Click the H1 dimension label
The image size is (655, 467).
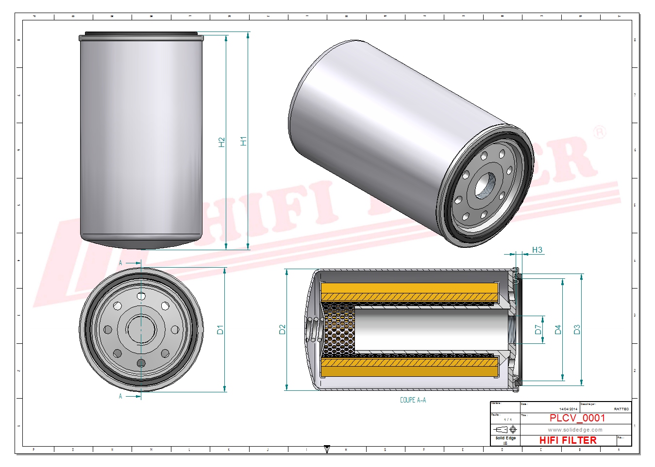tap(244, 141)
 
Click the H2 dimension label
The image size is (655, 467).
tap(222, 142)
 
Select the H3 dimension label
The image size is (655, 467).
tap(537, 250)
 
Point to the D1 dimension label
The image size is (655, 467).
tap(220, 330)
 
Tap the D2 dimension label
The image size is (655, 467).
tap(283, 330)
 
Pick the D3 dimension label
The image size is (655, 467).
tap(577, 330)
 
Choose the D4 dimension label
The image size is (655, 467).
tap(558, 330)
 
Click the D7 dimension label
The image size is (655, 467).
tap(538, 330)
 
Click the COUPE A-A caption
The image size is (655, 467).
tap(413, 400)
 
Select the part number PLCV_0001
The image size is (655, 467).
tap(577, 418)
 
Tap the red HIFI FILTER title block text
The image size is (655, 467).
tap(568, 440)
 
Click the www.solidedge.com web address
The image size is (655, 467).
tap(575, 430)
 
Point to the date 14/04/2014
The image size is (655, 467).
tap(568, 409)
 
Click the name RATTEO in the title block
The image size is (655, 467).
tap(621, 409)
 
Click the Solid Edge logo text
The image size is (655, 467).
tap(505, 438)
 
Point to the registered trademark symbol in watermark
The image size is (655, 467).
tap(600, 132)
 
